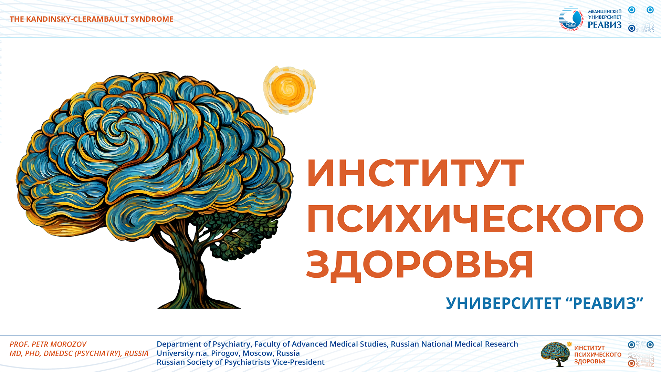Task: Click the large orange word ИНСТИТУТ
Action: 416,173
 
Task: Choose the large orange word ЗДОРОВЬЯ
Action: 420,265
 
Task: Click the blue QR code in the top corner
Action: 641,19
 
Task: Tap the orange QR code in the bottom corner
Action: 641,354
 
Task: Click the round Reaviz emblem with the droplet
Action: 571,19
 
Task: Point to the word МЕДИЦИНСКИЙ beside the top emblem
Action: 605,11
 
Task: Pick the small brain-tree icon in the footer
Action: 556,354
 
